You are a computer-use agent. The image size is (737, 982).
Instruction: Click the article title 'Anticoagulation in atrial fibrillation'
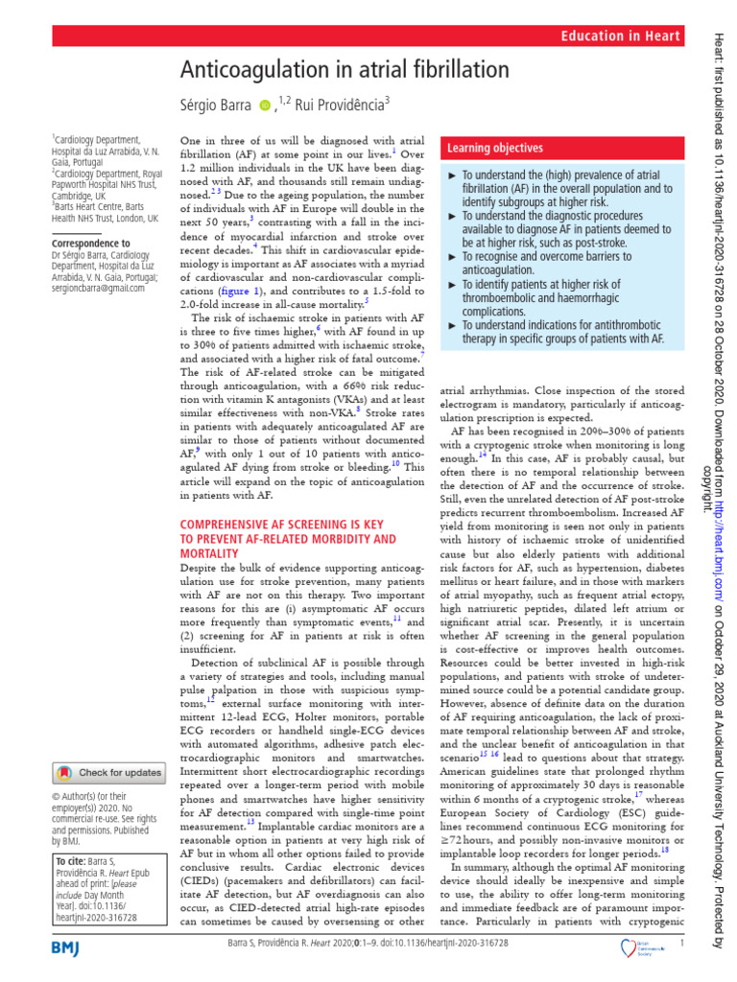[x=345, y=71]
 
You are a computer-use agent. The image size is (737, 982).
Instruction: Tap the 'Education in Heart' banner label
[x=620, y=35]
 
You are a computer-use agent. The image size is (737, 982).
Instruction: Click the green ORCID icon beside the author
[x=265, y=104]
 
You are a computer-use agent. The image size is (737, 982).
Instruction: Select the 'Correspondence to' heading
[x=91, y=244]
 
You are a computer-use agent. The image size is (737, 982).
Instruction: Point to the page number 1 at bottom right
[x=680, y=944]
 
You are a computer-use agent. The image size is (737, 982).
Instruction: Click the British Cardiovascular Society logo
[x=634, y=947]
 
